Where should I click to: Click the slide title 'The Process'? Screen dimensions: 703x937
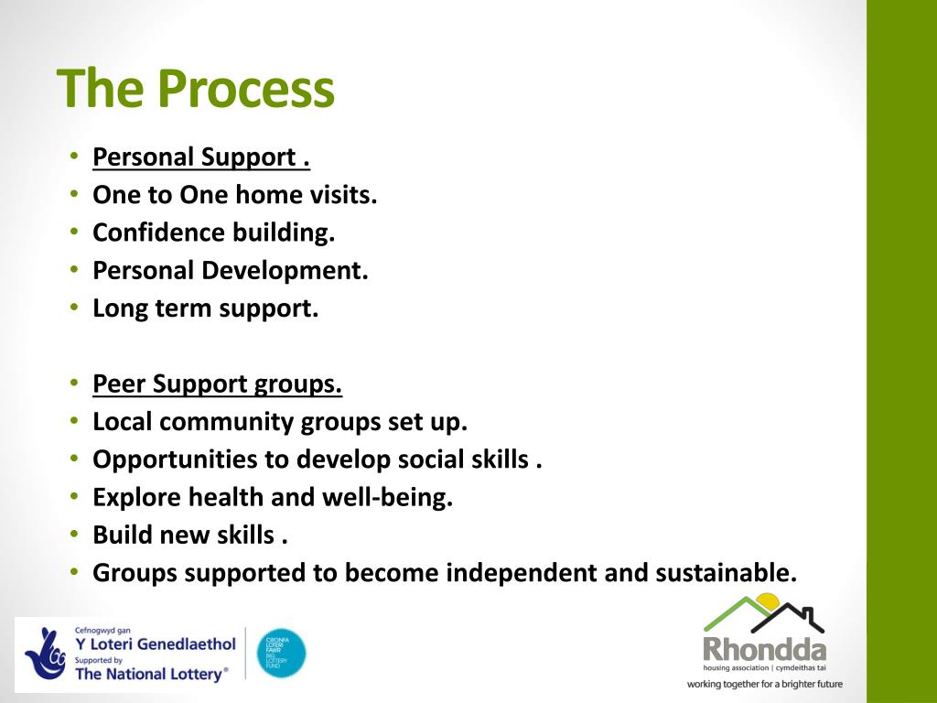[196, 90]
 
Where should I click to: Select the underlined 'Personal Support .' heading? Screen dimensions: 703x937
[201, 157]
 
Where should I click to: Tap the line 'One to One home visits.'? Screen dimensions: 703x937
[235, 195]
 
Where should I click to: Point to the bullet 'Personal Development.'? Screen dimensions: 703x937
[231, 271]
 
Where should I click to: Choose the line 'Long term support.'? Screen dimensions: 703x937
[206, 308]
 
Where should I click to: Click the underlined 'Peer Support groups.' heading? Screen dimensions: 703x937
[218, 384]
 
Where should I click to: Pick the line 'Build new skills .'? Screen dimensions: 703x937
[190, 535]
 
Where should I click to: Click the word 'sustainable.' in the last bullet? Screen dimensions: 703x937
[727, 573]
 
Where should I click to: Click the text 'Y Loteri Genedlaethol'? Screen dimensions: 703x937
[155, 644]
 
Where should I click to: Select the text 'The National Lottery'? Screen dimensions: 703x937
[149, 675]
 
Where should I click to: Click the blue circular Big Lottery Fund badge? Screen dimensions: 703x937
[281, 653]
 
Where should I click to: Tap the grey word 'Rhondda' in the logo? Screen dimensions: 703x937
[764, 650]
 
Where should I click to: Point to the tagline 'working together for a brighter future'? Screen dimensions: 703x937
[764, 684]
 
